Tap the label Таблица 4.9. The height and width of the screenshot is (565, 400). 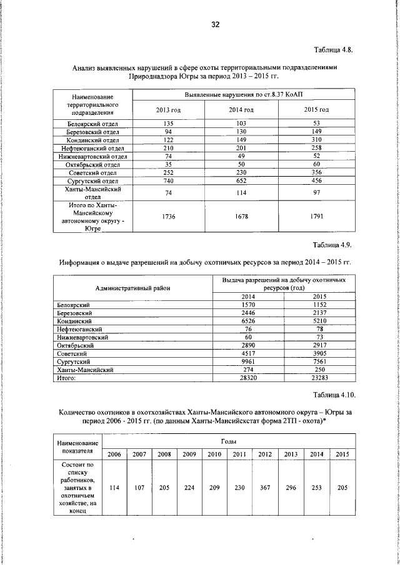click(x=334, y=244)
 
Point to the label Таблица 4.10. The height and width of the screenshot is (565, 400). click(x=332, y=395)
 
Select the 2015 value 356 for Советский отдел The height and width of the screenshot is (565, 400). click(x=316, y=172)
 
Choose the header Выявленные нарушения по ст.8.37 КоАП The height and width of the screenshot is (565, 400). click(x=244, y=94)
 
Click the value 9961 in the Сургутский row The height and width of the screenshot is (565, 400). click(x=248, y=361)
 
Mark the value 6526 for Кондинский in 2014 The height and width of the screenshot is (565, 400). click(x=248, y=320)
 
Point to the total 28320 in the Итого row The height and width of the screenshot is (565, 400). click(x=248, y=377)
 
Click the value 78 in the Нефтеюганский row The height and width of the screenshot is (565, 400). click(x=319, y=328)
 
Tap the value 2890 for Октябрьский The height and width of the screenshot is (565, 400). click(x=248, y=345)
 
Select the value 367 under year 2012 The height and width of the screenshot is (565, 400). click(x=265, y=486)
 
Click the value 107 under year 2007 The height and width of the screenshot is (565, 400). click(x=139, y=486)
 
